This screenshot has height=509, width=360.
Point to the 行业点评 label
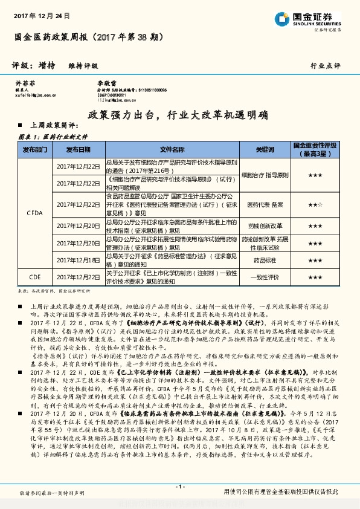(326, 65)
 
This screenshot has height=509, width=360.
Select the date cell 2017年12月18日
(79, 260)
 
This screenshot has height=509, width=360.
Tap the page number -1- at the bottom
(179, 487)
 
